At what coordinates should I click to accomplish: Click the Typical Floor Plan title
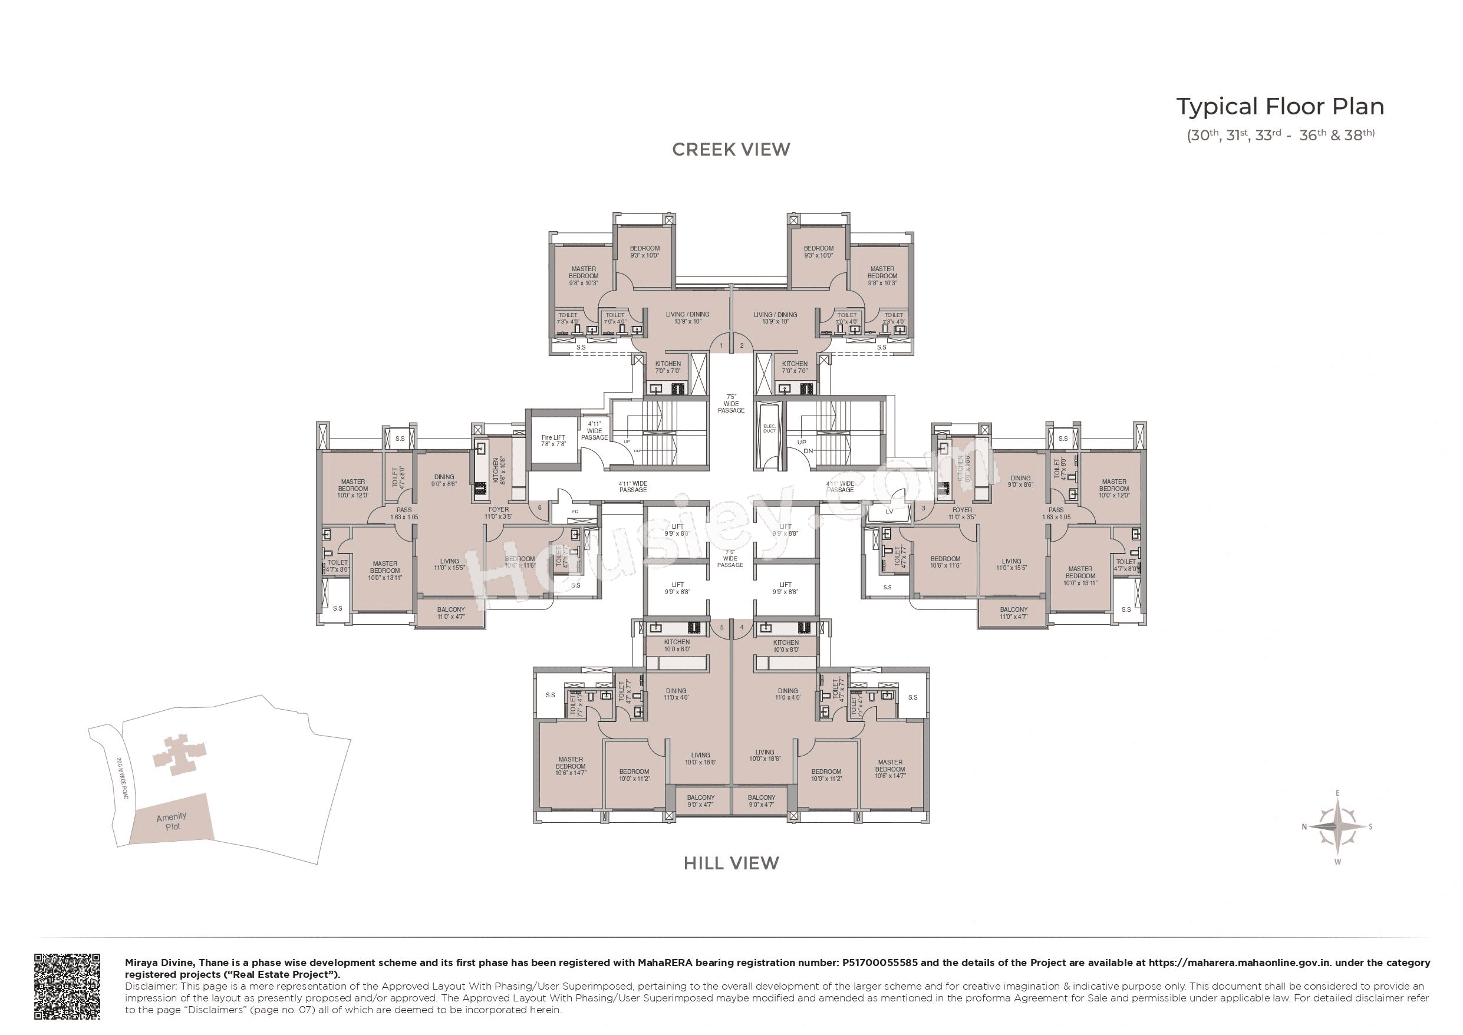pyautogui.click(x=1280, y=107)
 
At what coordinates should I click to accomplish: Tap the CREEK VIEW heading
pyautogui.click(x=731, y=150)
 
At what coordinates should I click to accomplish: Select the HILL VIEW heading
pyautogui.click(x=731, y=863)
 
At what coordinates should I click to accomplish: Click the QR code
pyautogui.click(x=67, y=986)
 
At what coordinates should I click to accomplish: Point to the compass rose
pyautogui.click(x=1337, y=826)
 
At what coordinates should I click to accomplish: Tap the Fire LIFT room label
pyautogui.click(x=553, y=440)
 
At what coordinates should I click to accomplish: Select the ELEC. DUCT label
pyautogui.click(x=769, y=428)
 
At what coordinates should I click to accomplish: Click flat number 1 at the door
pyautogui.click(x=721, y=346)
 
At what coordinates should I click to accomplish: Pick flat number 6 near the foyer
pyautogui.click(x=540, y=508)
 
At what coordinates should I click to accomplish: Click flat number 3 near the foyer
pyautogui.click(x=923, y=508)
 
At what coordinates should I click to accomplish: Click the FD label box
pyautogui.click(x=575, y=512)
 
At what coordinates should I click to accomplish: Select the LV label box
pyautogui.click(x=889, y=512)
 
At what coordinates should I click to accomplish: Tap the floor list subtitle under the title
pyautogui.click(x=1280, y=136)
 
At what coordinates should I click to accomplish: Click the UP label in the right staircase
pyautogui.click(x=802, y=442)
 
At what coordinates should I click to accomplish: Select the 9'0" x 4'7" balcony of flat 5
pyautogui.click(x=700, y=801)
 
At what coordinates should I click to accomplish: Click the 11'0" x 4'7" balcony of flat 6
pyautogui.click(x=450, y=613)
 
